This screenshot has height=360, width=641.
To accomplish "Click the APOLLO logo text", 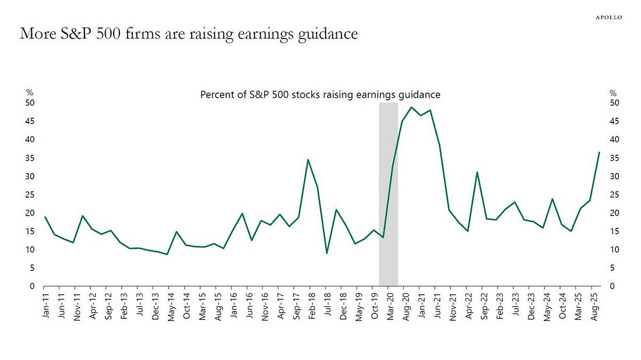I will tap(608, 17).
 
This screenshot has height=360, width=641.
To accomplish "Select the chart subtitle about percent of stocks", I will tap(320, 94).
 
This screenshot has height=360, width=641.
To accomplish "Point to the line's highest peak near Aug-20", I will tap(412, 107).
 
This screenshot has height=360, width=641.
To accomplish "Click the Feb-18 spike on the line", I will tap(308, 160).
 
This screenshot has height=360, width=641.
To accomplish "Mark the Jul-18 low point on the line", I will tap(327, 253).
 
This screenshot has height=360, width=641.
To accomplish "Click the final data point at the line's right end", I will tap(599, 153).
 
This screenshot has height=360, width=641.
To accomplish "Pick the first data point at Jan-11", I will tap(44, 217).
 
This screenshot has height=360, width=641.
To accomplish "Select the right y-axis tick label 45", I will tap(613, 121).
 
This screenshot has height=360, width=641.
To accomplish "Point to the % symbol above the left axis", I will tap(30, 93).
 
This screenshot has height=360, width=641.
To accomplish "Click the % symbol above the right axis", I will tap(612, 93).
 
